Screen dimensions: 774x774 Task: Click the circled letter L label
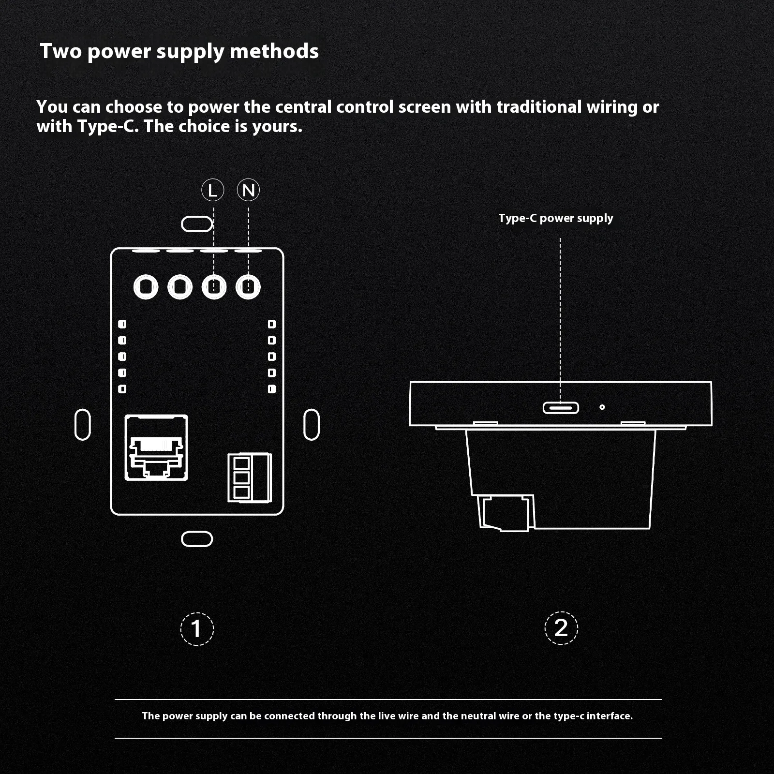pos(213,190)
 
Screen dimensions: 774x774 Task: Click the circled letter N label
pos(249,190)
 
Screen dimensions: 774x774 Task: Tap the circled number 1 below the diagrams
pos(197,629)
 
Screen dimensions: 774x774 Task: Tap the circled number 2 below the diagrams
pos(561,628)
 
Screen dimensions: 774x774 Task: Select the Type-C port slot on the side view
pos(561,408)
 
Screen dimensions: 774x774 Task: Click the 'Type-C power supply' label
pos(556,218)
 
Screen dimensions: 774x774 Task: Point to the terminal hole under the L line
pos(214,287)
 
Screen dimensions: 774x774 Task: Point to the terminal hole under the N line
pos(248,287)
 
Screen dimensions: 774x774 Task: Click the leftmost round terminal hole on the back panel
pos(146,287)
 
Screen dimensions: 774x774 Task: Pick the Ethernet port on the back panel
pos(156,447)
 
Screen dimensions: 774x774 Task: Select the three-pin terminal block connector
pos(250,477)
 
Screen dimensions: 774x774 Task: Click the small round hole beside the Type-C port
pos(602,407)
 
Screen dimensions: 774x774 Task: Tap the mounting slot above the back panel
pos(197,224)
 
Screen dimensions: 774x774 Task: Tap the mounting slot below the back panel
pos(197,539)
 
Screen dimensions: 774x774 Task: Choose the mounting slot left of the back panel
pos(83,425)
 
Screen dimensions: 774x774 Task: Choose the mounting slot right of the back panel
pos(312,425)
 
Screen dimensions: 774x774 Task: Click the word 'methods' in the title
pos(274,51)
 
